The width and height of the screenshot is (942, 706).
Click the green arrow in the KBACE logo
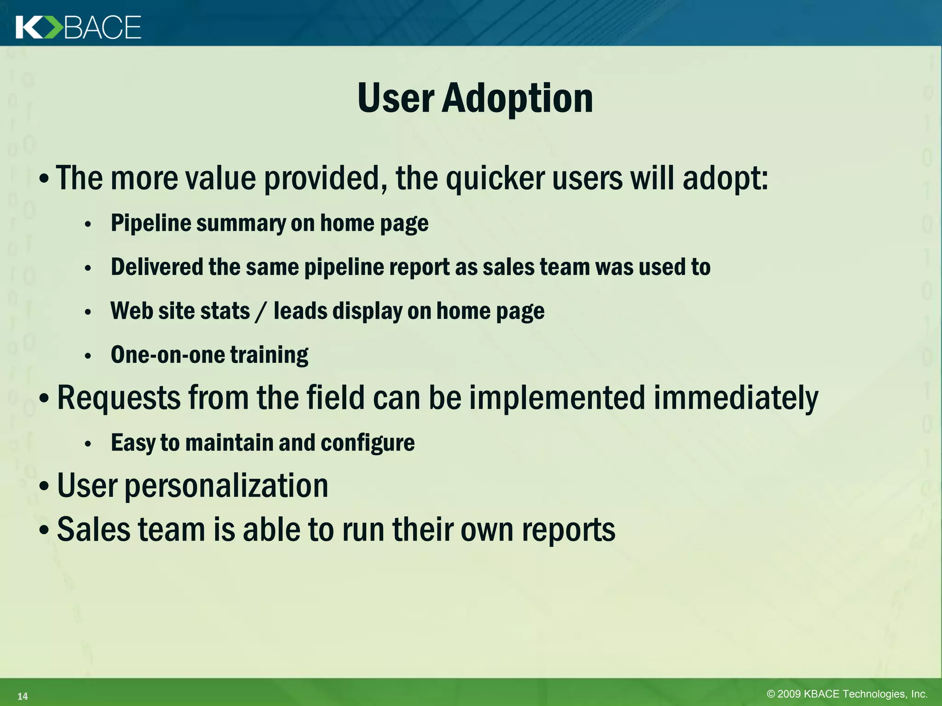pos(52,28)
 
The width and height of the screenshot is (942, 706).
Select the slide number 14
pos(23,696)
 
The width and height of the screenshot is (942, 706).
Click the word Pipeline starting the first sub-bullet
pos(151,223)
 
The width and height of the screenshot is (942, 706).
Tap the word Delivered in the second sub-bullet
pos(157,267)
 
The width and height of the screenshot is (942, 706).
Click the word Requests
pos(119,398)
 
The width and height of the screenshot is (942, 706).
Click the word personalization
pos(226,486)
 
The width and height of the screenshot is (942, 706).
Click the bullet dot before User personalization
pos(44,487)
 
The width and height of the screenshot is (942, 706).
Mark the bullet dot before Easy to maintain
pos(88,444)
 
